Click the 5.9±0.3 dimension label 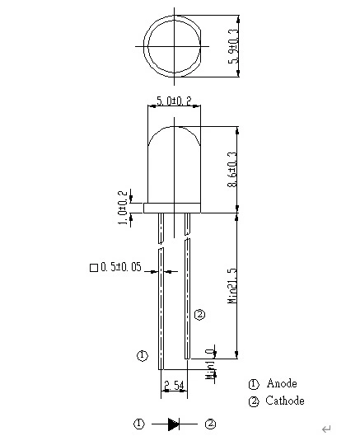tap(233, 46)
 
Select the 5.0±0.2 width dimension tap(174, 101)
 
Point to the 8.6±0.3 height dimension tap(232, 169)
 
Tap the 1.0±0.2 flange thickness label tap(123, 208)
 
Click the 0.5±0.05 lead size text tap(121, 267)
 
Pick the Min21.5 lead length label tap(232, 285)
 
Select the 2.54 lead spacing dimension tap(174, 386)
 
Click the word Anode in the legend tap(282, 383)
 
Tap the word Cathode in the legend tap(285, 401)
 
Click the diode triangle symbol tap(174, 424)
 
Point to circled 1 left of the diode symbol tap(139, 424)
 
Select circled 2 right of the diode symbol tap(210, 424)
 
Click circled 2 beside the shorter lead tap(199, 315)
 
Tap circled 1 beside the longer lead tap(143, 355)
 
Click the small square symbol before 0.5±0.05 tap(94, 268)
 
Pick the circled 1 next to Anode tap(254, 384)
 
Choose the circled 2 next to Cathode tap(254, 402)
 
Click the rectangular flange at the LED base tap(172, 208)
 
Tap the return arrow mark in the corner tap(326, 429)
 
